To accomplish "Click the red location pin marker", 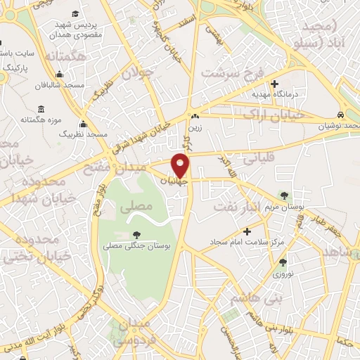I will [x=181, y=165].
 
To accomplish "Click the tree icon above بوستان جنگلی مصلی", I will [x=136, y=235].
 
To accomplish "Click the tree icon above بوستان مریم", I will [x=284, y=195].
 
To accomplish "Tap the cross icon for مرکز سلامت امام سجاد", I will [x=246, y=231].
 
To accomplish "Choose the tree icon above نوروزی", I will [x=283, y=261].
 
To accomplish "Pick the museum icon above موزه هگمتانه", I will [x=41, y=109].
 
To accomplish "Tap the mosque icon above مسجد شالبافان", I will [x=60, y=75].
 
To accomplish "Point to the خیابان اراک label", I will [x=281, y=115].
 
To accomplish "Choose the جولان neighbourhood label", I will [x=136, y=72].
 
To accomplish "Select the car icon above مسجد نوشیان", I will [x=340, y=115].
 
